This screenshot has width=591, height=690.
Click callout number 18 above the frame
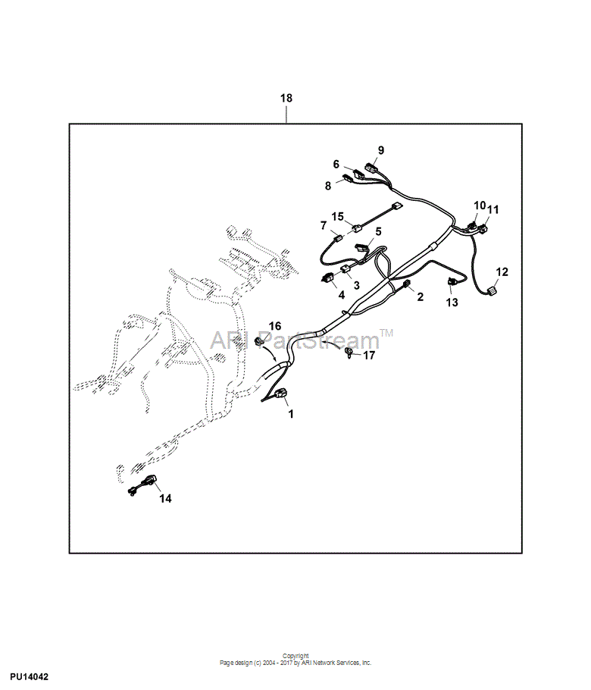point(286,98)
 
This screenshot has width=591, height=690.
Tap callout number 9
point(381,150)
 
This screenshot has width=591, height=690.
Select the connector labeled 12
point(491,291)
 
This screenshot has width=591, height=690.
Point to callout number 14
point(165,498)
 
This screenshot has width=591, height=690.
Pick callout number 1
point(291,414)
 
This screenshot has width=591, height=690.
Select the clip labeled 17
point(349,351)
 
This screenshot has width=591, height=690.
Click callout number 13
point(452,302)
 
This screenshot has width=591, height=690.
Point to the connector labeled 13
point(450,281)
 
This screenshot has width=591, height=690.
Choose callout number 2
point(421,296)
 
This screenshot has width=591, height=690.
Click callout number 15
point(338,216)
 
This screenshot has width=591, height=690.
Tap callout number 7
point(324,225)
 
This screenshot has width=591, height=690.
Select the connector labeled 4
point(327,278)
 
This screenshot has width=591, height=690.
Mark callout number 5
point(378,231)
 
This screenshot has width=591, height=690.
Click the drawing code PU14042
point(30,677)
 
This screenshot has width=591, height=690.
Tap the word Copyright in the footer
point(295,656)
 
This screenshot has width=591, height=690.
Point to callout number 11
point(493,209)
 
